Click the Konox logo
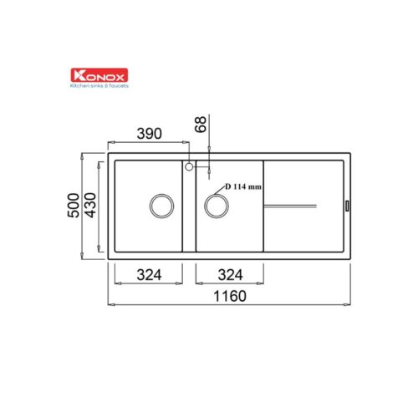99,75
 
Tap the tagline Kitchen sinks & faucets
99,86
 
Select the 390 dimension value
149,134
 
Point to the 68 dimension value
201,125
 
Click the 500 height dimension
74,206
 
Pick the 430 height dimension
90,206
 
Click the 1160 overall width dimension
230,296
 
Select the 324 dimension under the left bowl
149,275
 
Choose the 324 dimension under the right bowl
230,275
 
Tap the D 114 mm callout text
243,186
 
